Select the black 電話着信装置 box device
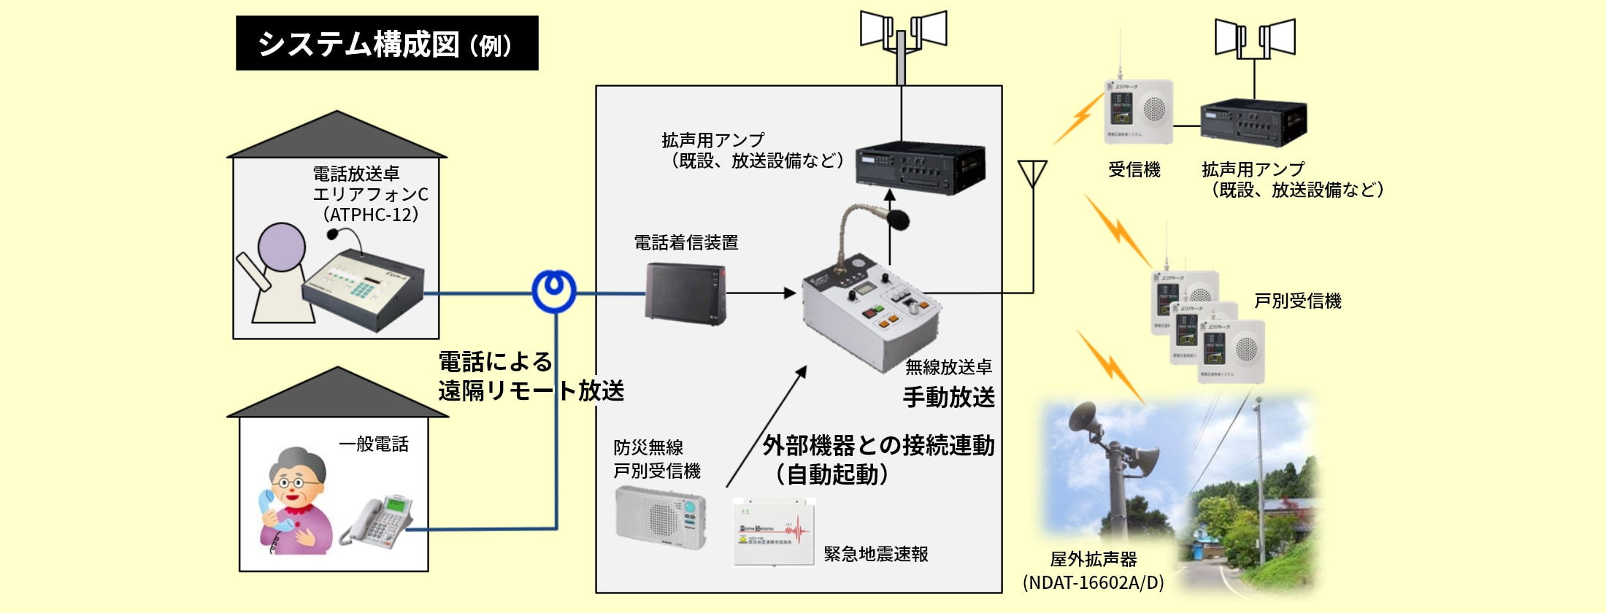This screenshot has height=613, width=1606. (685, 293)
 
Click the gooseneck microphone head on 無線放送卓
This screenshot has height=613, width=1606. (897, 219)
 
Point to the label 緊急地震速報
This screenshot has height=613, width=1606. (876, 554)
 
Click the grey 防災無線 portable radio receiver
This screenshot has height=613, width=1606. (661, 517)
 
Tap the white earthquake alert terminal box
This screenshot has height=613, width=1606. (774, 533)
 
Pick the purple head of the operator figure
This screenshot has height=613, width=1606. (282, 247)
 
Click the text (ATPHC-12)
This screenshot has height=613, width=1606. (371, 215)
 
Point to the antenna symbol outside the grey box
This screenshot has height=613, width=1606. (1032, 175)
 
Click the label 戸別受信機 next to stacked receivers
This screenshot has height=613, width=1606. (1297, 301)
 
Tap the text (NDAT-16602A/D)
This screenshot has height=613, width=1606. (1093, 582)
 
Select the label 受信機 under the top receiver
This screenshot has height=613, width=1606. (1134, 170)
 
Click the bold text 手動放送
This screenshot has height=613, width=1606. (948, 397)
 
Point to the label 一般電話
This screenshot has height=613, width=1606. (374, 444)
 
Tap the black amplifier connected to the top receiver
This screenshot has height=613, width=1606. (1253, 123)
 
